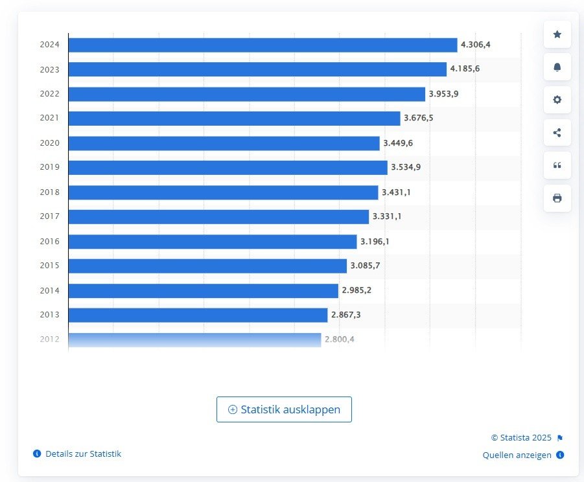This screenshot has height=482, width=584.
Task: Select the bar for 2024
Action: click(x=263, y=45)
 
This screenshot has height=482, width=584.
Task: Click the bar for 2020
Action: click(x=224, y=143)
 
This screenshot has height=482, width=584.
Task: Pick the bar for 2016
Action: click(x=213, y=242)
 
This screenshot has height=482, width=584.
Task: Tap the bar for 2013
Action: click(x=198, y=315)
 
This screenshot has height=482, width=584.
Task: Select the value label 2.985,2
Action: click(x=356, y=290)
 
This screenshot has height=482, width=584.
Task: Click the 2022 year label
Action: click(x=49, y=94)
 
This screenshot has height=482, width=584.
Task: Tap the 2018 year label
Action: click(x=49, y=192)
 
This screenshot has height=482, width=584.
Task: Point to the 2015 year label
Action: click(x=49, y=266)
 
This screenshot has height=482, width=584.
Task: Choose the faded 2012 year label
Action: click(x=49, y=339)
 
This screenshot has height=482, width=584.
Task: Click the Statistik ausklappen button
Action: click(x=284, y=409)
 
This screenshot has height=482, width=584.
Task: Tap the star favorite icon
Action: click(x=557, y=34)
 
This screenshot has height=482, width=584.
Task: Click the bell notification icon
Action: click(x=557, y=67)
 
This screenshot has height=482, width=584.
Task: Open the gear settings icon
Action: click(x=557, y=100)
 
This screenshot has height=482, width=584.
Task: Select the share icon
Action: click(x=557, y=133)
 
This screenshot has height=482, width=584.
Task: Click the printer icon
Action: click(x=557, y=198)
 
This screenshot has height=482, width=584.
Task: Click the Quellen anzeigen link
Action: click(x=517, y=455)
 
